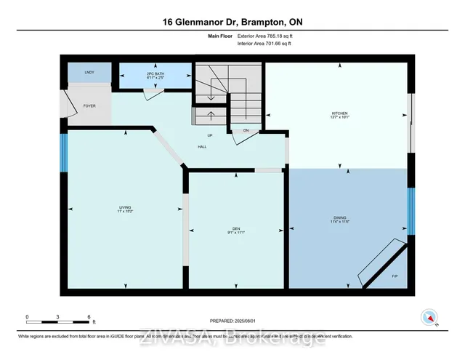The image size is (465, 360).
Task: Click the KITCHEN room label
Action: [x=340, y=113]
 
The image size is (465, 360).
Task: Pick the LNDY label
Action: [x=89, y=73]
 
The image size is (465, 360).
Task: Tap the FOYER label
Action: [x=89, y=106]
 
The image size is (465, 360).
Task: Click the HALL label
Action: [x=203, y=147]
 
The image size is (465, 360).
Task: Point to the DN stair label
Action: [x=246, y=131]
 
